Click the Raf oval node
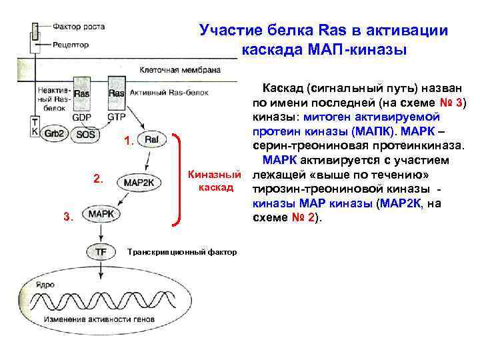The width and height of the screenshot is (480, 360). pyautogui.click(x=152, y=140)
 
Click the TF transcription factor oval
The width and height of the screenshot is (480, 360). pyautogui.click(x=100, y=252)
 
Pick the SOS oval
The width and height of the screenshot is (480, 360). pyautogui.click(x=85, y=133)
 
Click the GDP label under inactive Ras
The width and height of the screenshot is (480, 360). pyautogui.click(x=81, y=115)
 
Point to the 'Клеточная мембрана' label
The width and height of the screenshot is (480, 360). pyautogui.click(x=171, y=70)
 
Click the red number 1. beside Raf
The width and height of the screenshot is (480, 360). pyautogui.click(x=129, y=141)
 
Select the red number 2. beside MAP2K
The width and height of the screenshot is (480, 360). pyautogui.click(x=99, y=179)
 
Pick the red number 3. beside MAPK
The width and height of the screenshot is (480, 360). pyautogui.click(x=68, y=215)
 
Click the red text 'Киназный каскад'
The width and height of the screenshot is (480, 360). pyautogui.click(x=213, y=181)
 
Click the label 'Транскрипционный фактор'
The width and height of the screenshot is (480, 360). pyautogui.click(x=181, y=253)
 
